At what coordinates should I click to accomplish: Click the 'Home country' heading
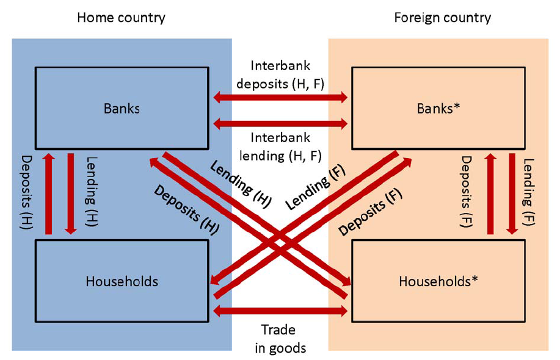121,18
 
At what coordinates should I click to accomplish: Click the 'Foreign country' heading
442,18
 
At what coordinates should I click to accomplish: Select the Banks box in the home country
122,109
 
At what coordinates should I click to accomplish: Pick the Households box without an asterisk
122,281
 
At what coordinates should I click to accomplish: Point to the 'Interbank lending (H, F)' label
280,147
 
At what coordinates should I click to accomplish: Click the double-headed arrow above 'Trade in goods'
280,311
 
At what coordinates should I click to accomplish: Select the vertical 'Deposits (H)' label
27,194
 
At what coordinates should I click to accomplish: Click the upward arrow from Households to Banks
49,194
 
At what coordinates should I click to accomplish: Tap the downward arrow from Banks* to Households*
512,194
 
